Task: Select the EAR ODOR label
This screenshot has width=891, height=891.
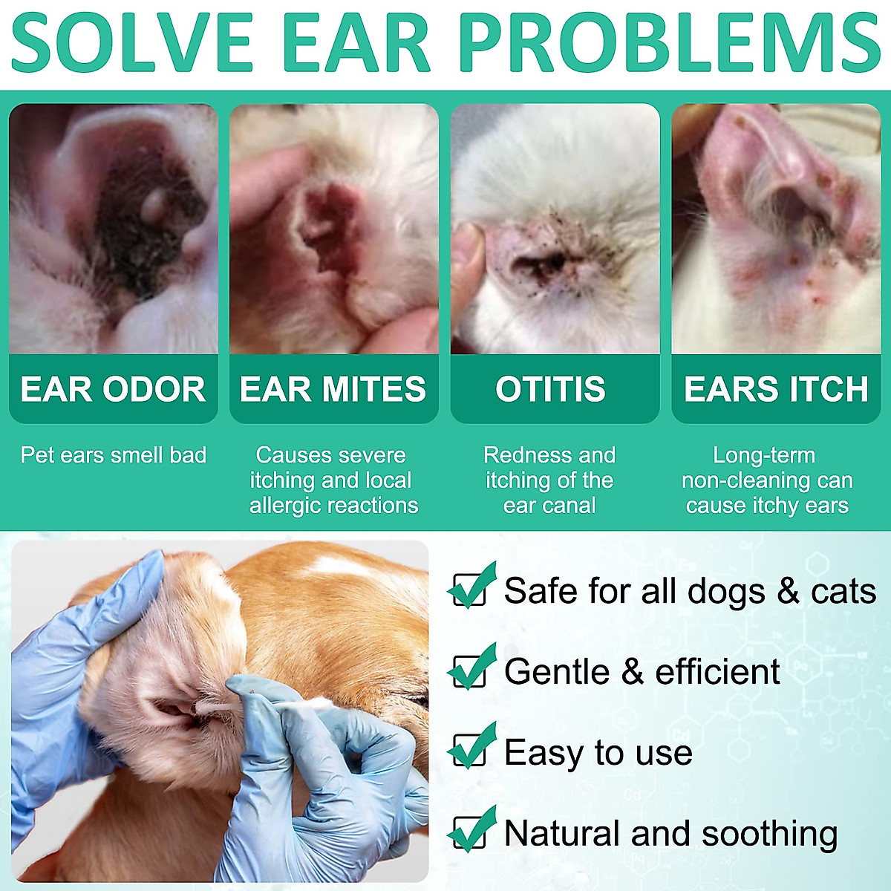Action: pos(113,389)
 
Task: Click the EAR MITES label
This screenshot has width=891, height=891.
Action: pos(333,389)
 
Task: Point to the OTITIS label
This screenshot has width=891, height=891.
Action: pos(550,389)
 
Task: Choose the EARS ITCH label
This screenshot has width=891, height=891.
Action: pos(776,389)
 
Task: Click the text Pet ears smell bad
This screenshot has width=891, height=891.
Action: pos(114,454)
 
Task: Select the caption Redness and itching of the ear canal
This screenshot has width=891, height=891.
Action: pos(549,480)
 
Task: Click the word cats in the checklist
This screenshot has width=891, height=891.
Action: pos(843,591)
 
